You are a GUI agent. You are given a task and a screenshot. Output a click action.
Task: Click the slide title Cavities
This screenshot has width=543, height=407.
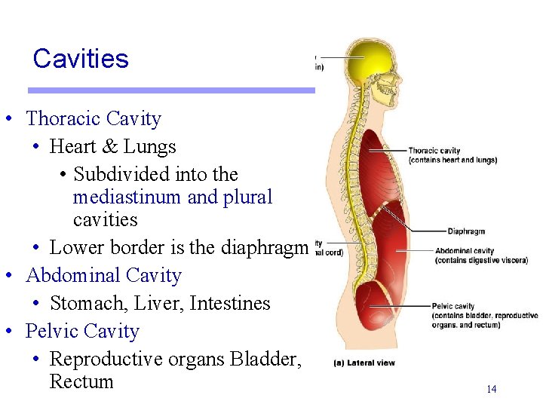click(x=81, y=59)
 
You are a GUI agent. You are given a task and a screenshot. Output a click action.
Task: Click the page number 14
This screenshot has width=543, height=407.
click(x=491, y=389)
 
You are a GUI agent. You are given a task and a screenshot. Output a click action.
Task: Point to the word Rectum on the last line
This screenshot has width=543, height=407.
click(x=81, y=382)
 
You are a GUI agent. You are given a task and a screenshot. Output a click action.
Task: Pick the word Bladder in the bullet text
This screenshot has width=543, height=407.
click(x=269, y=360)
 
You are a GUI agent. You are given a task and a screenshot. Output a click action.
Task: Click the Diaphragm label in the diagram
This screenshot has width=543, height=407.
click(x=465, y=231)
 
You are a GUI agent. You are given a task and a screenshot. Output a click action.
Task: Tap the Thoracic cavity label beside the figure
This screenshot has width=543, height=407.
click(x=434, y=151)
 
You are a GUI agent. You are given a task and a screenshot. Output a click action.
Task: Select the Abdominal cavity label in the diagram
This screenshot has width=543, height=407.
click(x=465, y=251)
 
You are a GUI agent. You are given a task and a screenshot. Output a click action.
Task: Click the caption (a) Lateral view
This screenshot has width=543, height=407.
click(x=364, y=363)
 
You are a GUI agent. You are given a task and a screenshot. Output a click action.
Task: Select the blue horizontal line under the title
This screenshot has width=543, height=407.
click(x=171, y=90)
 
